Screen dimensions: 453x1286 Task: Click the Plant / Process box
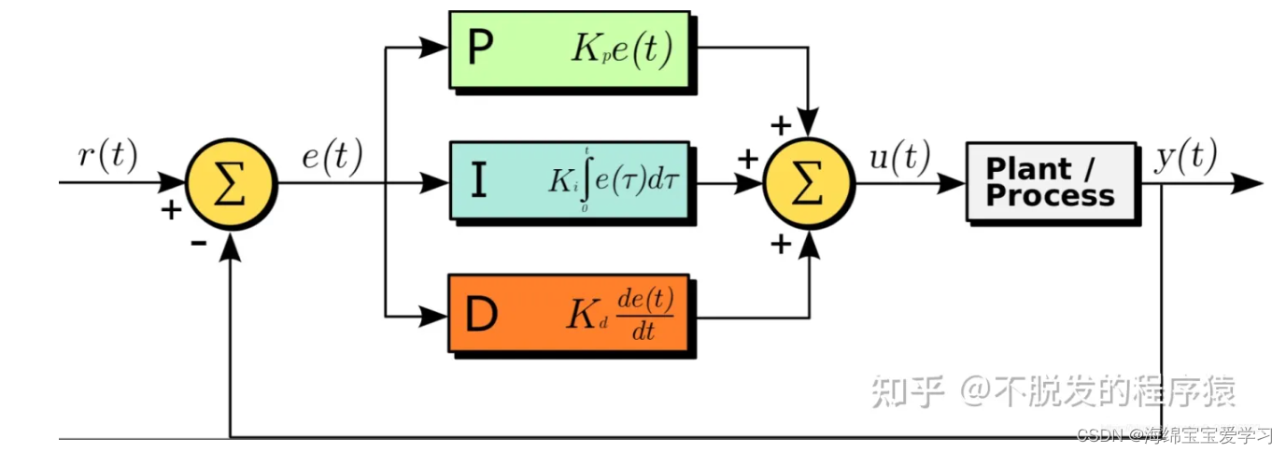[1051, 181]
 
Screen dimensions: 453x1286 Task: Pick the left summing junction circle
[231, 183]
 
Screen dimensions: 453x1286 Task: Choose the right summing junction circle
[809, 183]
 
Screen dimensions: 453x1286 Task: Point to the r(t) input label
[107, 157]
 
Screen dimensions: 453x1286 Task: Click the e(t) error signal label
[332, 157]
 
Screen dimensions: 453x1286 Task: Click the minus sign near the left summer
[198, 243]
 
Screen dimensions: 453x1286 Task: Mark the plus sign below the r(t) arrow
[171, 209]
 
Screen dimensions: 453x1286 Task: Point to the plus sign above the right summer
[778, 124]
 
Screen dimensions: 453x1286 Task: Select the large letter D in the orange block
[481, 316]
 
